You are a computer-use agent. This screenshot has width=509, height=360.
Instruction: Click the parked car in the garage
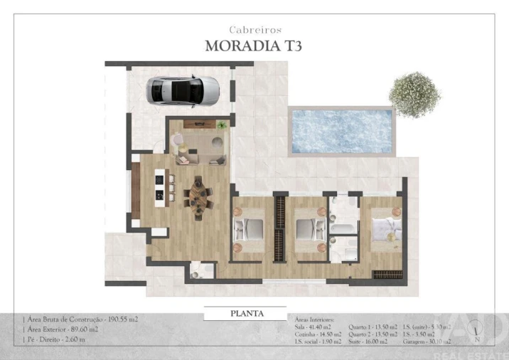click(x=184, y=90)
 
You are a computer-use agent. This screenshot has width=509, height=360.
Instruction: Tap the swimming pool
click(x=341, y=131)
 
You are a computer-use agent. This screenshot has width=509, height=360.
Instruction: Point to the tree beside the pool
click(x=414, y=94)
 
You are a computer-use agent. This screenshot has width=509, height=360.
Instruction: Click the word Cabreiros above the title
click(x=255, y=30)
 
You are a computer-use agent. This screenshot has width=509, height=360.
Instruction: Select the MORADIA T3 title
click(x=254, y=46)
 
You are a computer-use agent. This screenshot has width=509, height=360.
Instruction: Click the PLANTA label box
click(x=247, y=313)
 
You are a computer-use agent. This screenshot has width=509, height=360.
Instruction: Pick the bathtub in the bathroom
click(x=344, y=229)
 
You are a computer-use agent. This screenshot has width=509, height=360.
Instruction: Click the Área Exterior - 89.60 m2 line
click(x=63, y=329)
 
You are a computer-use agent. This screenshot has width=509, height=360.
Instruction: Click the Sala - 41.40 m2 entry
click(x=314, y=327)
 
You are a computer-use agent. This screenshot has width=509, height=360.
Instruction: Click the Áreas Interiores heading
click(x=314, y=320)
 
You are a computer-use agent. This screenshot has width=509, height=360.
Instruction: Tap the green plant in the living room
click(x=223, y=125)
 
